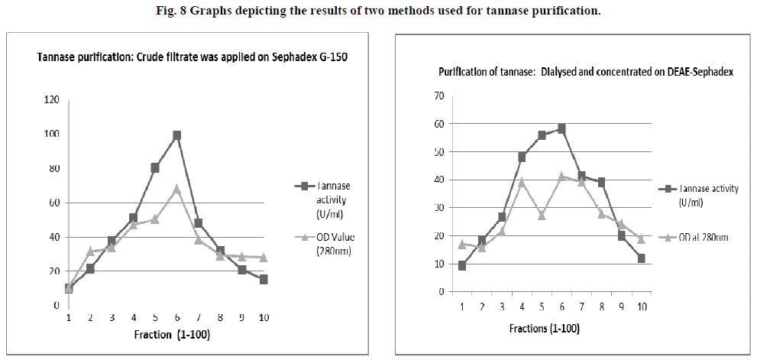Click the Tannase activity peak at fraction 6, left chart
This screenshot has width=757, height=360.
tap(176, 135)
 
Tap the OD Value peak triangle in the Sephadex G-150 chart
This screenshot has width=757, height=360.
tap(176, 188)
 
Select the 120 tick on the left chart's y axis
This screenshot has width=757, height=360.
tap(51, 100)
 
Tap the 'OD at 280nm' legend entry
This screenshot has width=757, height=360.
tap(703, 238)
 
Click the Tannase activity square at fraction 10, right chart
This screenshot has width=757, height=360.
tap(641, 258)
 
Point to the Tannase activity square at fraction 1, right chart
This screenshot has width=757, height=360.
tap(462, 265)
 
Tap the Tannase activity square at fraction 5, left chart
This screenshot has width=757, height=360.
tap(155, 168)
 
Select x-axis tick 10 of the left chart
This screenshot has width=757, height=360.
tap(263, 317)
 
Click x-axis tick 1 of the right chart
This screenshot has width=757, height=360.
tap(462, 306)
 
